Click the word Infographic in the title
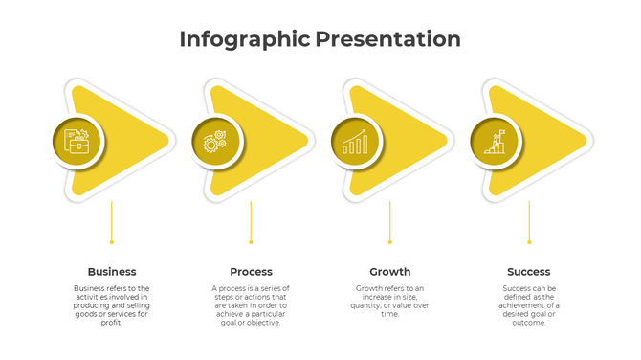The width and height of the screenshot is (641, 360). pos(244,39)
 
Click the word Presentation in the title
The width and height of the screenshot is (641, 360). pos(388,39)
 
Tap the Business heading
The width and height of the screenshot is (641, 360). pos(112,272)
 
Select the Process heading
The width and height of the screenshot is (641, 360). pos(251,272)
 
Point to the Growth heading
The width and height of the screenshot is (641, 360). pos(390,272)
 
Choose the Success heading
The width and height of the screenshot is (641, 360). pos(529,272)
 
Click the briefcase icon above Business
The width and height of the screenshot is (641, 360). pos(77,143)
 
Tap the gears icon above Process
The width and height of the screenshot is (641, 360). pos(216,143)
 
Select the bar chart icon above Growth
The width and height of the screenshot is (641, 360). pos(355,143)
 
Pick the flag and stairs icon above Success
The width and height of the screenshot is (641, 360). pos(495,143)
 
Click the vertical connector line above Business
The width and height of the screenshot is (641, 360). pos(112,221)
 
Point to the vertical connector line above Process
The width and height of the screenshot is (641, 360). pos(251,221)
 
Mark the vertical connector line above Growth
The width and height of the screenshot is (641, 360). pos(390,221)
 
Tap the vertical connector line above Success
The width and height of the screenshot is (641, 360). pos(529,221)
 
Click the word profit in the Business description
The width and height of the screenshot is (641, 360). pos(112,323)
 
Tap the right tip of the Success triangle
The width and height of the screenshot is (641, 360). pos(584,142)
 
